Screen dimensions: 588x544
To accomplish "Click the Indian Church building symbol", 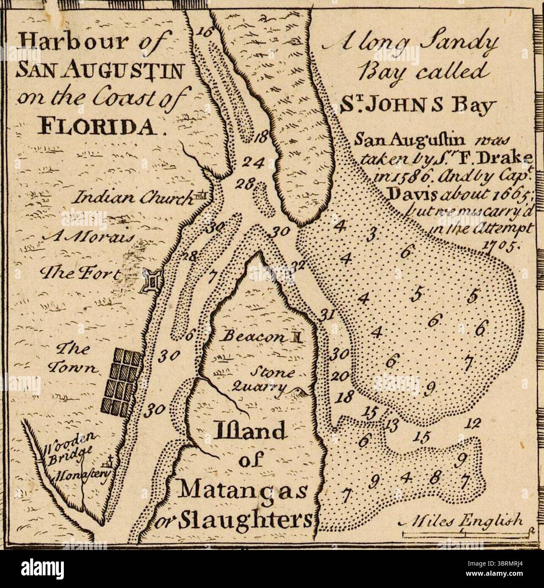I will (201, 195).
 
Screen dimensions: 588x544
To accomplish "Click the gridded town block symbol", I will (123, 383).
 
